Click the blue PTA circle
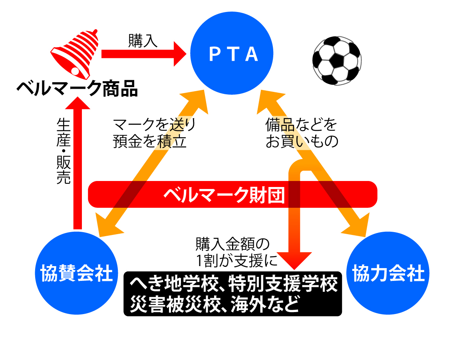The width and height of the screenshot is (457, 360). point(232,53)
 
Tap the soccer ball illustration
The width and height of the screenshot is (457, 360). point(337,61)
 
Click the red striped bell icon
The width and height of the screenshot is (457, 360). point(75,54)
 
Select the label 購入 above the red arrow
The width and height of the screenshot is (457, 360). point(143,41)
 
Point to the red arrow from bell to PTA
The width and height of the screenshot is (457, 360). point(144,54)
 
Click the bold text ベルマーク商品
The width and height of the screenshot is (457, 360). point(77,88)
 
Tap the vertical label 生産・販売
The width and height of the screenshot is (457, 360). point(64,151)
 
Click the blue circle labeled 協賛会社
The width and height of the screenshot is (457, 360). point(76,273)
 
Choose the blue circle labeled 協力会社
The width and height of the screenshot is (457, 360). point(388,273)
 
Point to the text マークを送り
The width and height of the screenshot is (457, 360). point(154,125)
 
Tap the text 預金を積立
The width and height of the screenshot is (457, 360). point(149,141)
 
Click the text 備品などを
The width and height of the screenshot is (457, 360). point(301,125)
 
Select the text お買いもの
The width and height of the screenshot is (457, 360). point(302,141)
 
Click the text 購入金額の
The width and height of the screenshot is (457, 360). point(232,244)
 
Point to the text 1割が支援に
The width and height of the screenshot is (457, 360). point(236,261)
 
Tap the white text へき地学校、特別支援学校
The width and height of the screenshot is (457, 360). point(233,284)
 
